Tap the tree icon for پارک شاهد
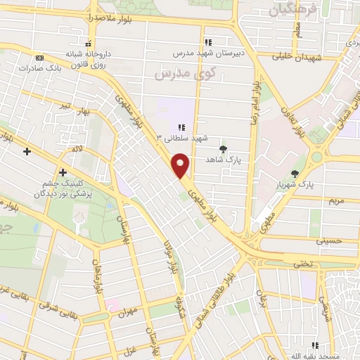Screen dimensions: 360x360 [x=224, y=149]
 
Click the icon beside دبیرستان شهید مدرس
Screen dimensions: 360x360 [x=207, y=41]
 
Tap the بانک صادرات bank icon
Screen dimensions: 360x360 [x=39, y=58]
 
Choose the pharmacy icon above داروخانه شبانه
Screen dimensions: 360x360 [x=88, y=42]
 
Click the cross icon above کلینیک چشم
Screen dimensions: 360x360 [x=63, y=172]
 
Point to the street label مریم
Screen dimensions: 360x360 [x=336, y=201]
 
